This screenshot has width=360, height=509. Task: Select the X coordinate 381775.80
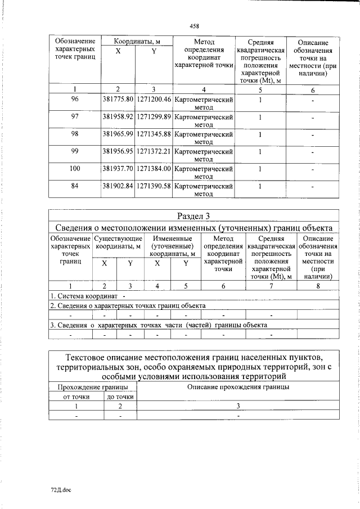(x=118, y=100)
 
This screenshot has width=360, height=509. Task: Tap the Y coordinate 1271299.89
(x=154, y=117)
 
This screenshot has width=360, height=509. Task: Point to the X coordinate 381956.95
(x=118, y=151)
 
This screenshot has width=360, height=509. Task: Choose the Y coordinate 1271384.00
(x=154, y=168)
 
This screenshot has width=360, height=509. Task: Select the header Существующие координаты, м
(x=118, y=242)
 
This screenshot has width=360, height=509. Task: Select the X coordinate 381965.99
(x=118, y=134)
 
